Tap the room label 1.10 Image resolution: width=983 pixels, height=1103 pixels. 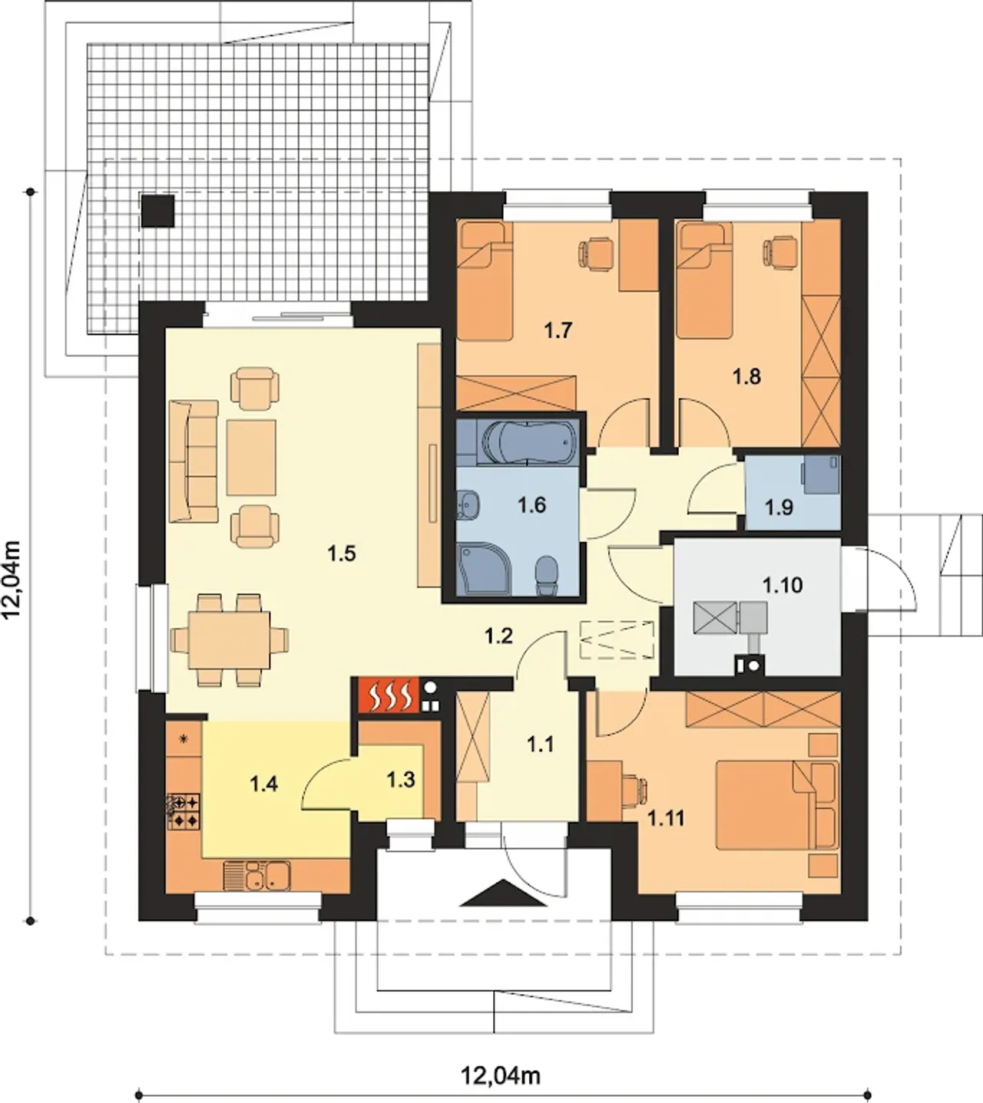tap(782, 586)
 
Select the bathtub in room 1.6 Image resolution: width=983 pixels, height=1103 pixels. tap(528, 441)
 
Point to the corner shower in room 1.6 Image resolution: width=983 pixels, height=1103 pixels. tap(478, 568)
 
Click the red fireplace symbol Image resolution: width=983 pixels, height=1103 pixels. tap(389, 695)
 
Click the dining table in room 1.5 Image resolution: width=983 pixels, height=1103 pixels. tap(230, 639)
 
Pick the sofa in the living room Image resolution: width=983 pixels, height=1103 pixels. tap(194, 461)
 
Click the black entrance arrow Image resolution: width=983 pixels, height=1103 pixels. tap(503, 893)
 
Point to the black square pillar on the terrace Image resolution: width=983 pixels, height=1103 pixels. tap(158, 210)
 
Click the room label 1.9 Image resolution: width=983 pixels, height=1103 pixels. tap(779, 507)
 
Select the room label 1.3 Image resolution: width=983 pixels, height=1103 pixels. tap(401, 780)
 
